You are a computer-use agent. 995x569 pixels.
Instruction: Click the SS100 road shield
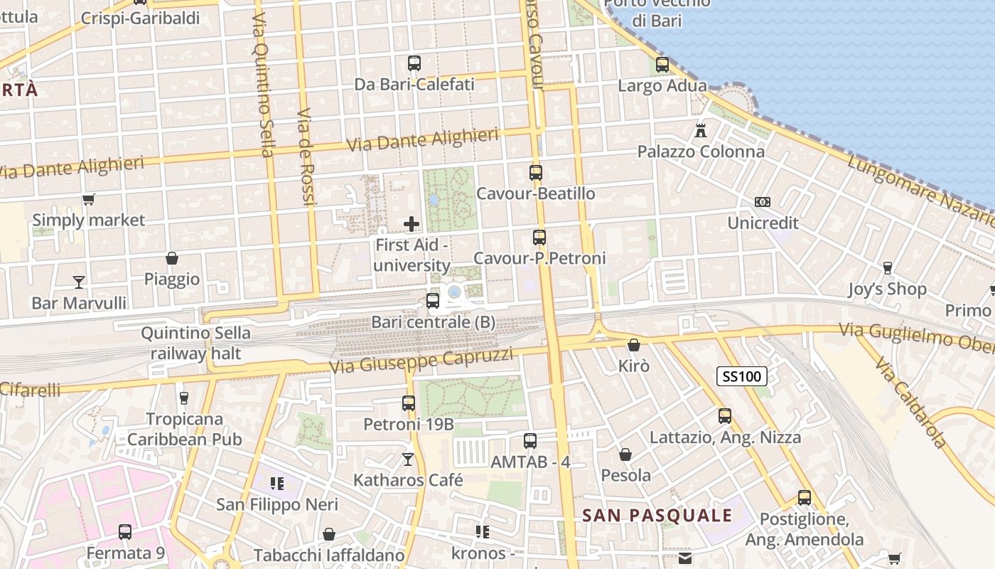point(741,376)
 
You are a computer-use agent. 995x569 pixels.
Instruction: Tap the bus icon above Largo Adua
point(662,65)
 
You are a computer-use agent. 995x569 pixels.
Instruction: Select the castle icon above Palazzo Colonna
point(701,130)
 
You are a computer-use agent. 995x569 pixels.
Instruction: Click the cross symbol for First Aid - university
point(412,224)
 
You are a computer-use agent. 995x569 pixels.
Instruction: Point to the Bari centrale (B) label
point(433,322)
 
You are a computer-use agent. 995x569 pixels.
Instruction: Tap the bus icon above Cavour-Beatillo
point(536,172)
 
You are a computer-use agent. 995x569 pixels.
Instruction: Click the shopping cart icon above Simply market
point(88,199)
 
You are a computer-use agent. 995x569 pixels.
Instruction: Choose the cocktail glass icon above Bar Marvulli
point(79,282)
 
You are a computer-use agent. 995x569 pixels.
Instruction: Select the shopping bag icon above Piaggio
point(172,258)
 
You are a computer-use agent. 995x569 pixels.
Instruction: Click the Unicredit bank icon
point(763,202)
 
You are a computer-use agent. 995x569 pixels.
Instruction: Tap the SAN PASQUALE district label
point(657,516)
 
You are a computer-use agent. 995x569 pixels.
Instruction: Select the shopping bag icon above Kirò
point(634,345)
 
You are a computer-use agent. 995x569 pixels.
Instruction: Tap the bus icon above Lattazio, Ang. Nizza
point(725,416)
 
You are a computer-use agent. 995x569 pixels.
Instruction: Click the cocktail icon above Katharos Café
point(408,459)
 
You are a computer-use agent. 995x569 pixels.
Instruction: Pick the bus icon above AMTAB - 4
point(530,441)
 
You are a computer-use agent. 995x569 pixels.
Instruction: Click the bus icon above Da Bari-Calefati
point(414,63)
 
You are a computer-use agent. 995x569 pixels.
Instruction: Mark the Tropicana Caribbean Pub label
point(185,429)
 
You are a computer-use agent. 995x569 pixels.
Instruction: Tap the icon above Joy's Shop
point(887,268)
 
